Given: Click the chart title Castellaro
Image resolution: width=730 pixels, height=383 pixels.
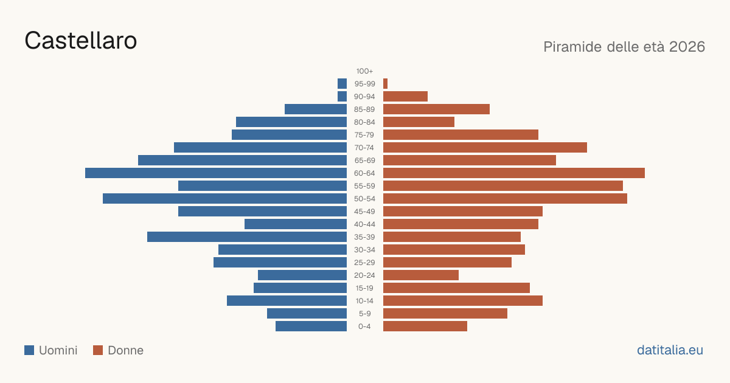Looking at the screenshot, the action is pyautogui.click(x=80, y=41).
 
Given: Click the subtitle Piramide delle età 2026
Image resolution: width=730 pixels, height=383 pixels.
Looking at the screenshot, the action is pyautogui.click(x=624, y=47).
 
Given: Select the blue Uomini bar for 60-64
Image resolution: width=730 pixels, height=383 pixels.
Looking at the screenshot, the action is pyautogui.click(x=216, y=173).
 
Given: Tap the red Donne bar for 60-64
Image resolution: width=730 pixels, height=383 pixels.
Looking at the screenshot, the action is pyautogui.click(x=514, y=173).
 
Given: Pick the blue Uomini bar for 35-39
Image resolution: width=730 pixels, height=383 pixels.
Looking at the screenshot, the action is pyautogui.click(x=247, y=236).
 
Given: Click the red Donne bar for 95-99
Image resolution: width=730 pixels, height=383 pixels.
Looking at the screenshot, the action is pyautogui.click(x=385, y=84).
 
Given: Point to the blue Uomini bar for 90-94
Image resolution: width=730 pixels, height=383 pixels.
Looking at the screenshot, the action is pyautogui.click(x=342, y=97).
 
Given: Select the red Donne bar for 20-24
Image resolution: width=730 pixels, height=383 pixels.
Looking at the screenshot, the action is pyautogui.click(x=421, y=275).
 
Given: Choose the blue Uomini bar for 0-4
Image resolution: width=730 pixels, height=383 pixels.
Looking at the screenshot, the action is pyautogui.click(x=311, y=326).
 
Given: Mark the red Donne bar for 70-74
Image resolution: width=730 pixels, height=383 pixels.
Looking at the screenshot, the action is pyautogui.click(x=485, y=148).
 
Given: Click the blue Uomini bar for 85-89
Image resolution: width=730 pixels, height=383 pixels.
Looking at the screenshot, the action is pyautogui.click(x=316, y=109).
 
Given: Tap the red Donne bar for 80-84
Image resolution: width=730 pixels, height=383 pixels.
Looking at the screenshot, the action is pyautogui.click(x=419, y=122).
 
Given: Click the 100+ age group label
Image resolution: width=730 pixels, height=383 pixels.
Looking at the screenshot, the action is pyautogui.click(x=364, y=71).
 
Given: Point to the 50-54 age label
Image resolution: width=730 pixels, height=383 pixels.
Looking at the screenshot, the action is pyautogui.click(x=364, y=199).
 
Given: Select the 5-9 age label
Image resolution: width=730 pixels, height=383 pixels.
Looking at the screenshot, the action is pyautogui.click(x=364, y=314).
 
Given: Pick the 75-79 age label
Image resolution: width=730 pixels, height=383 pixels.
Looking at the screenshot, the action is pyautogui.click(x=364, y=135).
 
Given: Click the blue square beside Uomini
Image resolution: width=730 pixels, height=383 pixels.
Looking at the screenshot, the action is pyautogui.click(x=29, y=350).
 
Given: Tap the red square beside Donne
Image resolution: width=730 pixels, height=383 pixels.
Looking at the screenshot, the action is pyautogui.click(x=98, y=350).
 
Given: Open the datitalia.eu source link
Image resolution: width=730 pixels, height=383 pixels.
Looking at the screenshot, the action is pyautogui.click(x=670, y=350).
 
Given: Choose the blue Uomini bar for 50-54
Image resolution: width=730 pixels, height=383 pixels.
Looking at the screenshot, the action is pyautogui.click(x=224, y=199).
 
